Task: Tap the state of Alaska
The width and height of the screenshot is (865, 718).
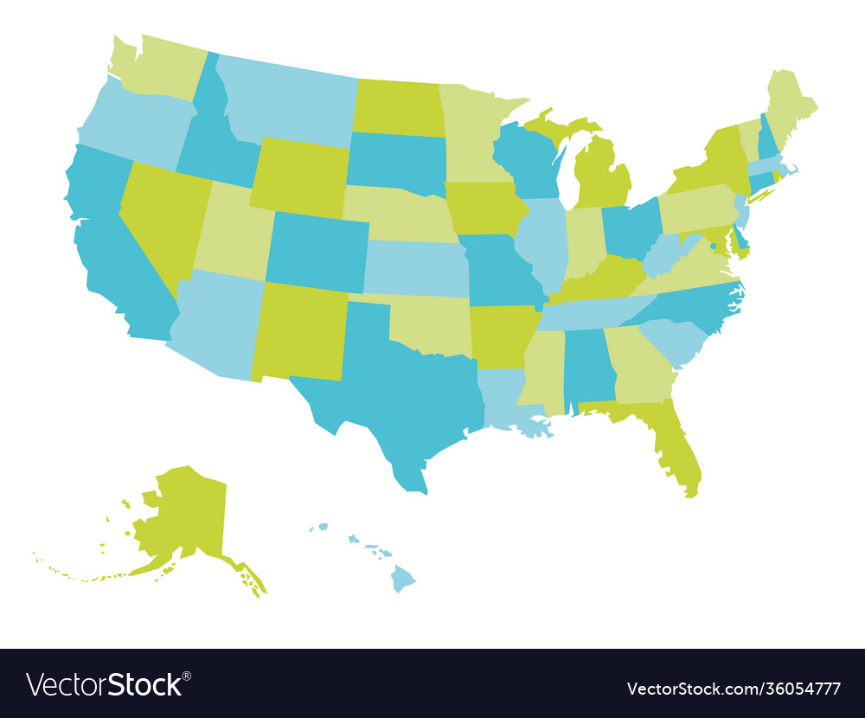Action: coord(186,515)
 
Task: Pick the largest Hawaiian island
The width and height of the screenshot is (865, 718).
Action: coord(403,578)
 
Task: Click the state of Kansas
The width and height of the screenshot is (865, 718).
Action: coord(415,268)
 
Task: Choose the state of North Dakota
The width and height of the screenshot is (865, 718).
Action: coord(398,108)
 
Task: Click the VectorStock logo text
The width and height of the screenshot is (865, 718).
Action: coord(108,684)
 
